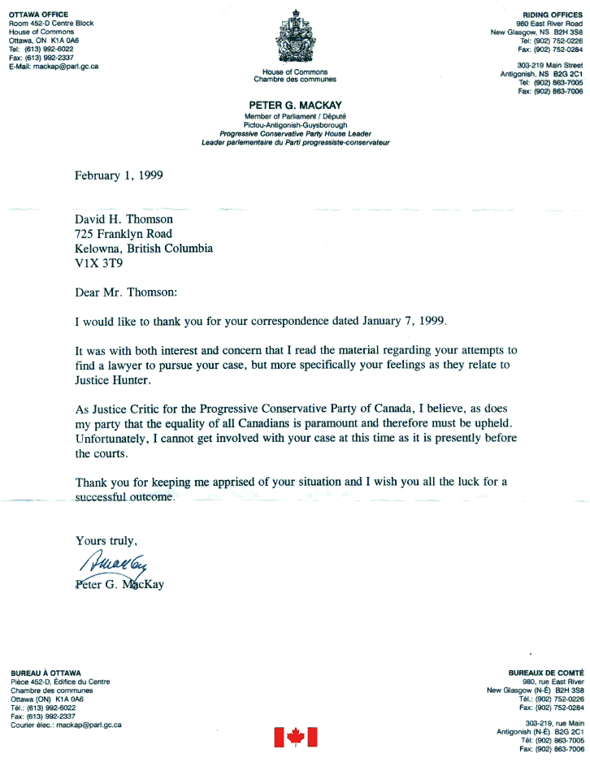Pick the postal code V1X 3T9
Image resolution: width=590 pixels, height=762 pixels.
[x=100, y=263]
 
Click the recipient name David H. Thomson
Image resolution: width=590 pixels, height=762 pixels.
[x=124, y=219]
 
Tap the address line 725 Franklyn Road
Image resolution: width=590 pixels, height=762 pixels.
[x=123, y=234]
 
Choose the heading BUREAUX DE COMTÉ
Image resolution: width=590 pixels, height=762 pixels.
[x=546, y=673]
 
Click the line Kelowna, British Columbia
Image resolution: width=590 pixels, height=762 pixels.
[x=143, y=249]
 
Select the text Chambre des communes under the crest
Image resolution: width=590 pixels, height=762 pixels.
[x=294, y=80]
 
